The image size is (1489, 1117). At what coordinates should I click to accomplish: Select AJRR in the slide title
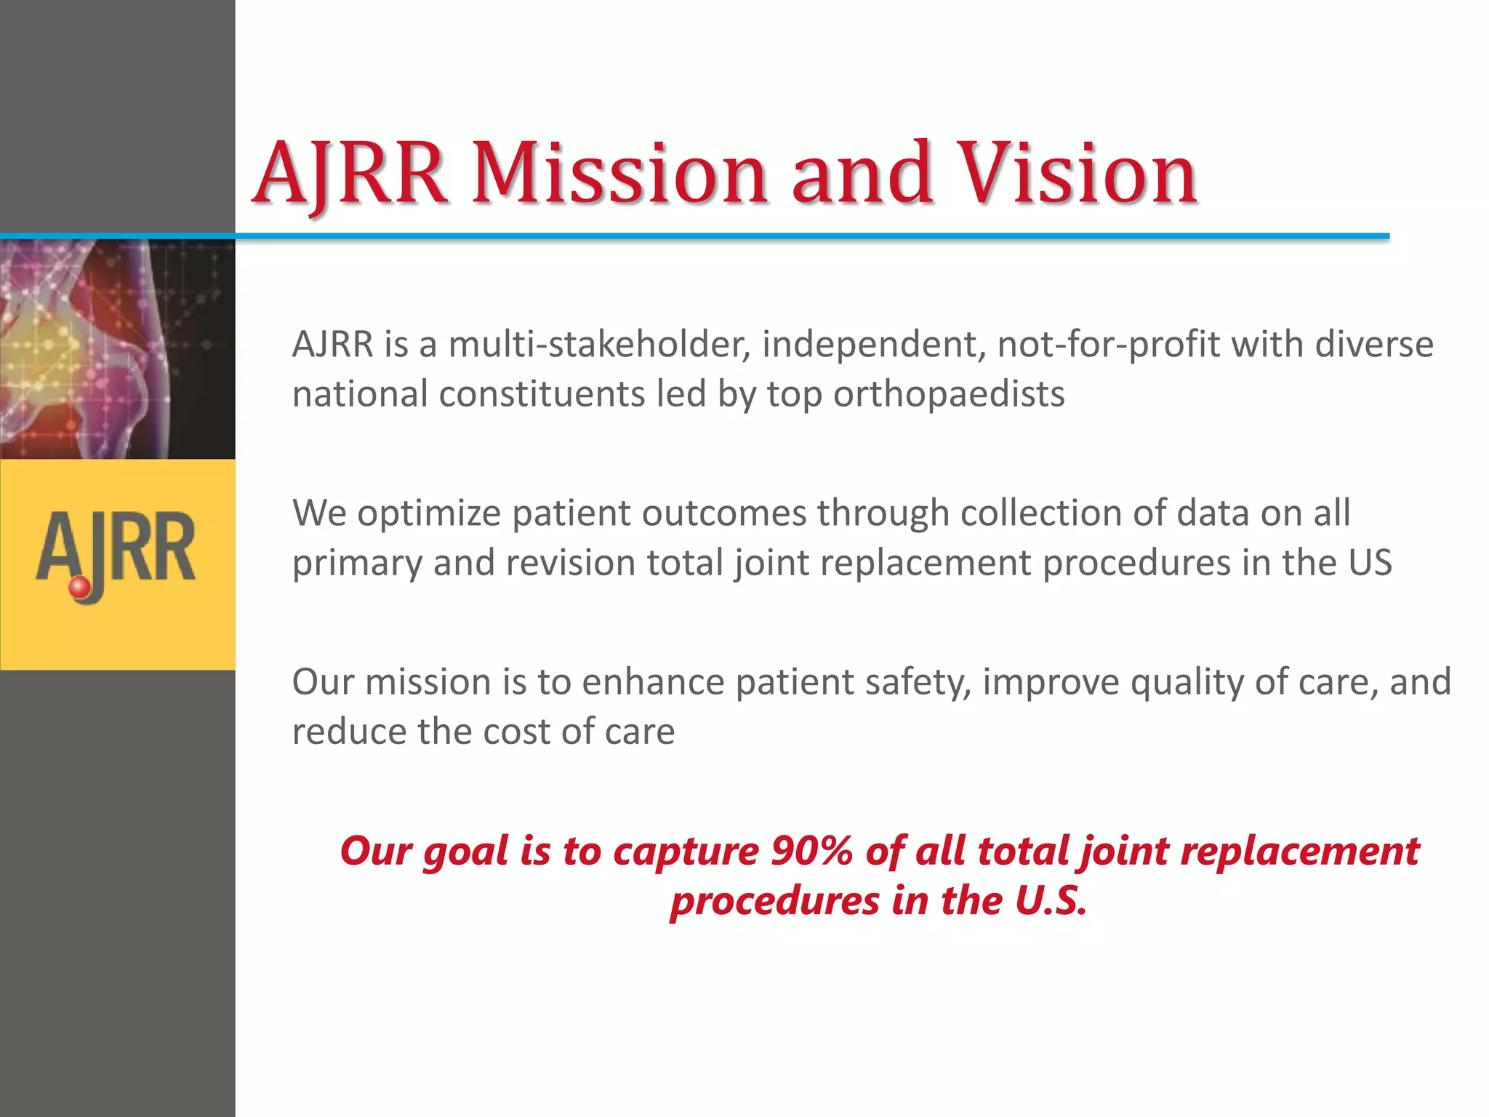[349, 175]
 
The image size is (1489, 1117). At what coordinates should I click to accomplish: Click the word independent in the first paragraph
[872, 344]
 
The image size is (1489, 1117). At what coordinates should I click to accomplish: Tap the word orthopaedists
[948, 394]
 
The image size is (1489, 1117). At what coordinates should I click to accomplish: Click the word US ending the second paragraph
[1370, 563]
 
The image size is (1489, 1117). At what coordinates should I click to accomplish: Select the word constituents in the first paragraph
[541, 394]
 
